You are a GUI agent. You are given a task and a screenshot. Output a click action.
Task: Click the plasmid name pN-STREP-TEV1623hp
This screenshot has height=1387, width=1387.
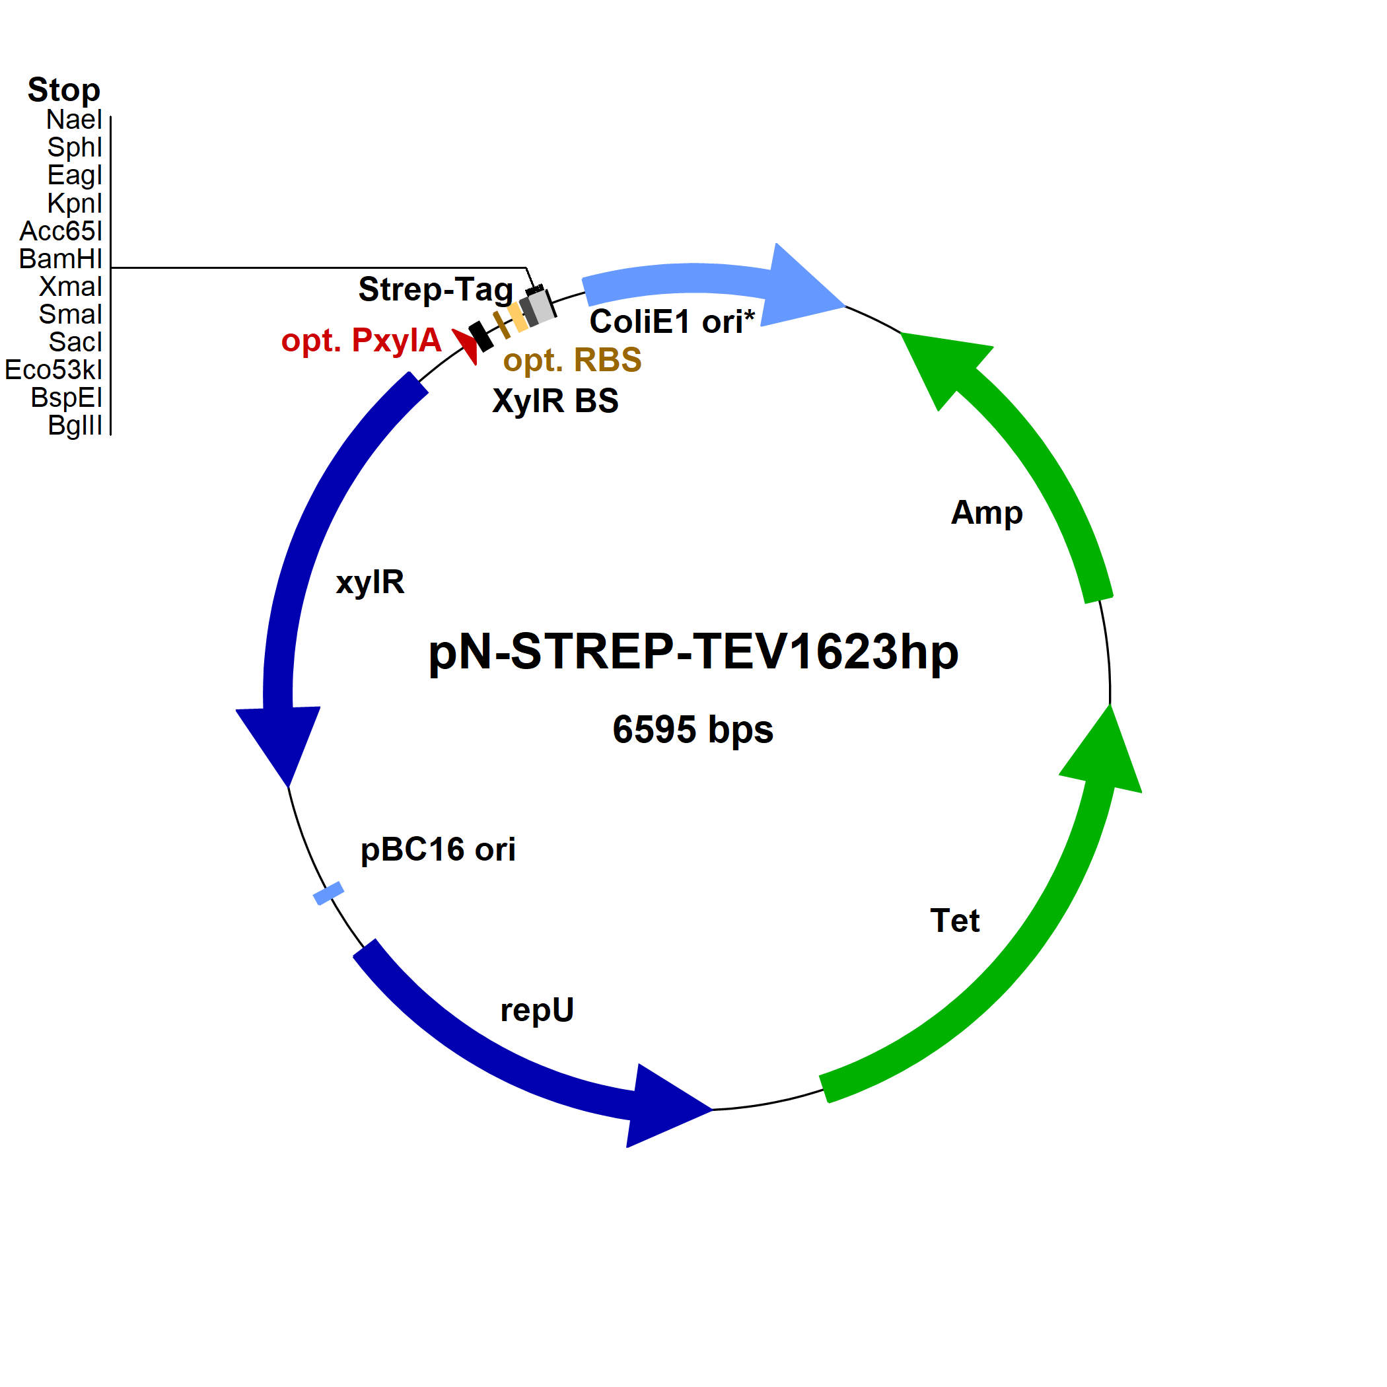[693, 652]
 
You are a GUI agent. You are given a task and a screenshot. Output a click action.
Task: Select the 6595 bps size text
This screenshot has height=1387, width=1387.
[693, 729]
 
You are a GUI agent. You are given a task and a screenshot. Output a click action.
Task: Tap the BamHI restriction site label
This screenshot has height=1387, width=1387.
[61, 258]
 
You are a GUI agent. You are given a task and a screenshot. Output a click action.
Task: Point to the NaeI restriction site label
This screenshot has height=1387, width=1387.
[74, 119]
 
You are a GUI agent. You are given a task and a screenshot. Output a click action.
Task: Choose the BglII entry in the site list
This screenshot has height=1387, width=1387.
[75, 425]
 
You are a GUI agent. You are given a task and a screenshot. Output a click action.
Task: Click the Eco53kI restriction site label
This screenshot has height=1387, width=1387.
[54, 370]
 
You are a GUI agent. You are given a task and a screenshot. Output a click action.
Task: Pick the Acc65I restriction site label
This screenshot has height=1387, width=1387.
[61, 231]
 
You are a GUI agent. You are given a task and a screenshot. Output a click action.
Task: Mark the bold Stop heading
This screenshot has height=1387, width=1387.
[64, 90]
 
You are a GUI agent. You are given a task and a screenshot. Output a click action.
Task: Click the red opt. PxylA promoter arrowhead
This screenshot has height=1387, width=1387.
[467, 345]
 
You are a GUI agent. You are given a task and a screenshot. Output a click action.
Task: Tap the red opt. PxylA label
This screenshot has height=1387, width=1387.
[361, 340]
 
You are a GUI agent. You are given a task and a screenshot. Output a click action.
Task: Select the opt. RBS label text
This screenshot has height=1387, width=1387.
[572, 361]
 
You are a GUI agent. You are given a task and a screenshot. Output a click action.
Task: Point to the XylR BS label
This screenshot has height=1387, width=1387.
[555, 401]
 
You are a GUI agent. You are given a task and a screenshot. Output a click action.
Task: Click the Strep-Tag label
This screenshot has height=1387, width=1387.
[436, 290]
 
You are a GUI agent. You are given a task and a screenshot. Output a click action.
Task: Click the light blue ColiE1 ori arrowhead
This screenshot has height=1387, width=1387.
[800, 287]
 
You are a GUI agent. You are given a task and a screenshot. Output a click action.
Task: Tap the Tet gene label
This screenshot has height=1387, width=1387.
[955, 920]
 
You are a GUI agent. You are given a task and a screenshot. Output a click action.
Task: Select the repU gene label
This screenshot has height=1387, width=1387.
[537, 1010]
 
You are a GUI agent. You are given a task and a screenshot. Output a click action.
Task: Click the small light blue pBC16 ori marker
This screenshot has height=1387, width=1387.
[329, 893]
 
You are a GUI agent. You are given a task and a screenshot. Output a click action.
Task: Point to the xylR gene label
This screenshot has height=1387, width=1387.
[370, 581]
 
